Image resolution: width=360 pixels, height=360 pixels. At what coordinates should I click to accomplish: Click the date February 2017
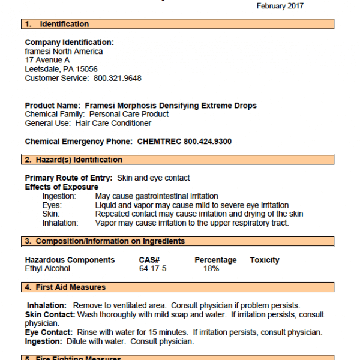pyautogui.click(x=280, y=6)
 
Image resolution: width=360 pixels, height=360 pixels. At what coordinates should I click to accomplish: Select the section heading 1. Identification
pyautogui.click(x=57, y=24)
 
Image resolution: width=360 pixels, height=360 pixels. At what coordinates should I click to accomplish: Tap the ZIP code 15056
pyautogui.click(x=87, y=69)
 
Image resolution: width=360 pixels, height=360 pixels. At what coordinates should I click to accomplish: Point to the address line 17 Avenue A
pyautogui.click(x=47, y=60)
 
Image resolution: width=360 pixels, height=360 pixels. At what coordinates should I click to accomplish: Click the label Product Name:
pyautogui.click(x=53, y=105)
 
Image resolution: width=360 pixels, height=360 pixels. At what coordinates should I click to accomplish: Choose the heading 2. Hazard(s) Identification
pyautogui.click(x=74, y=160)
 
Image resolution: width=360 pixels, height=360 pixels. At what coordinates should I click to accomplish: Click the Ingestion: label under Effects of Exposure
pyautogui.click(x=59, y=196)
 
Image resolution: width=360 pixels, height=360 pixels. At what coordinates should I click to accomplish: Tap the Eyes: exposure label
pyautogui.click(x=52, y=205)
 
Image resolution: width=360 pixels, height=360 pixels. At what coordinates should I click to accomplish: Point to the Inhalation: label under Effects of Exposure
pyautogui.click(x=60, y=223)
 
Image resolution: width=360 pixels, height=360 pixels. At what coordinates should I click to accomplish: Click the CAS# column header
pyautogui.click(x=149, y=260)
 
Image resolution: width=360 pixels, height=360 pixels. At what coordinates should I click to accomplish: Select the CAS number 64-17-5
pyautogui.click(x=152, y=268)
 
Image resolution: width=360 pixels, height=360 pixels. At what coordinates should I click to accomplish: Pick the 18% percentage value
pyautogui.click(x=211, y=268)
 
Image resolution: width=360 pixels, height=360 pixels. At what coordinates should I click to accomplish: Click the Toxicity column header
pyautogui.click(x=265, y=260)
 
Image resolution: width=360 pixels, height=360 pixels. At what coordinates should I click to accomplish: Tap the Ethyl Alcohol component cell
pyautogui.click(x=47, y=268)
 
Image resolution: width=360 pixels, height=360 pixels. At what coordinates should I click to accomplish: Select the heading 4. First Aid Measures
pyautogui.click(x=65, y=287)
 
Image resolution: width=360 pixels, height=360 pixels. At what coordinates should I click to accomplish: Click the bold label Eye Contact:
pyautogui.click(x=50, y=332)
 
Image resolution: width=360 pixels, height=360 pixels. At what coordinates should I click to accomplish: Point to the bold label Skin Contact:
pyautogui.click(x=50, y=314)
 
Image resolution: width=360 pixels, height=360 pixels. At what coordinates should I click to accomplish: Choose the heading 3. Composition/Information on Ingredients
pyautogui.click(x=105, y=241)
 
